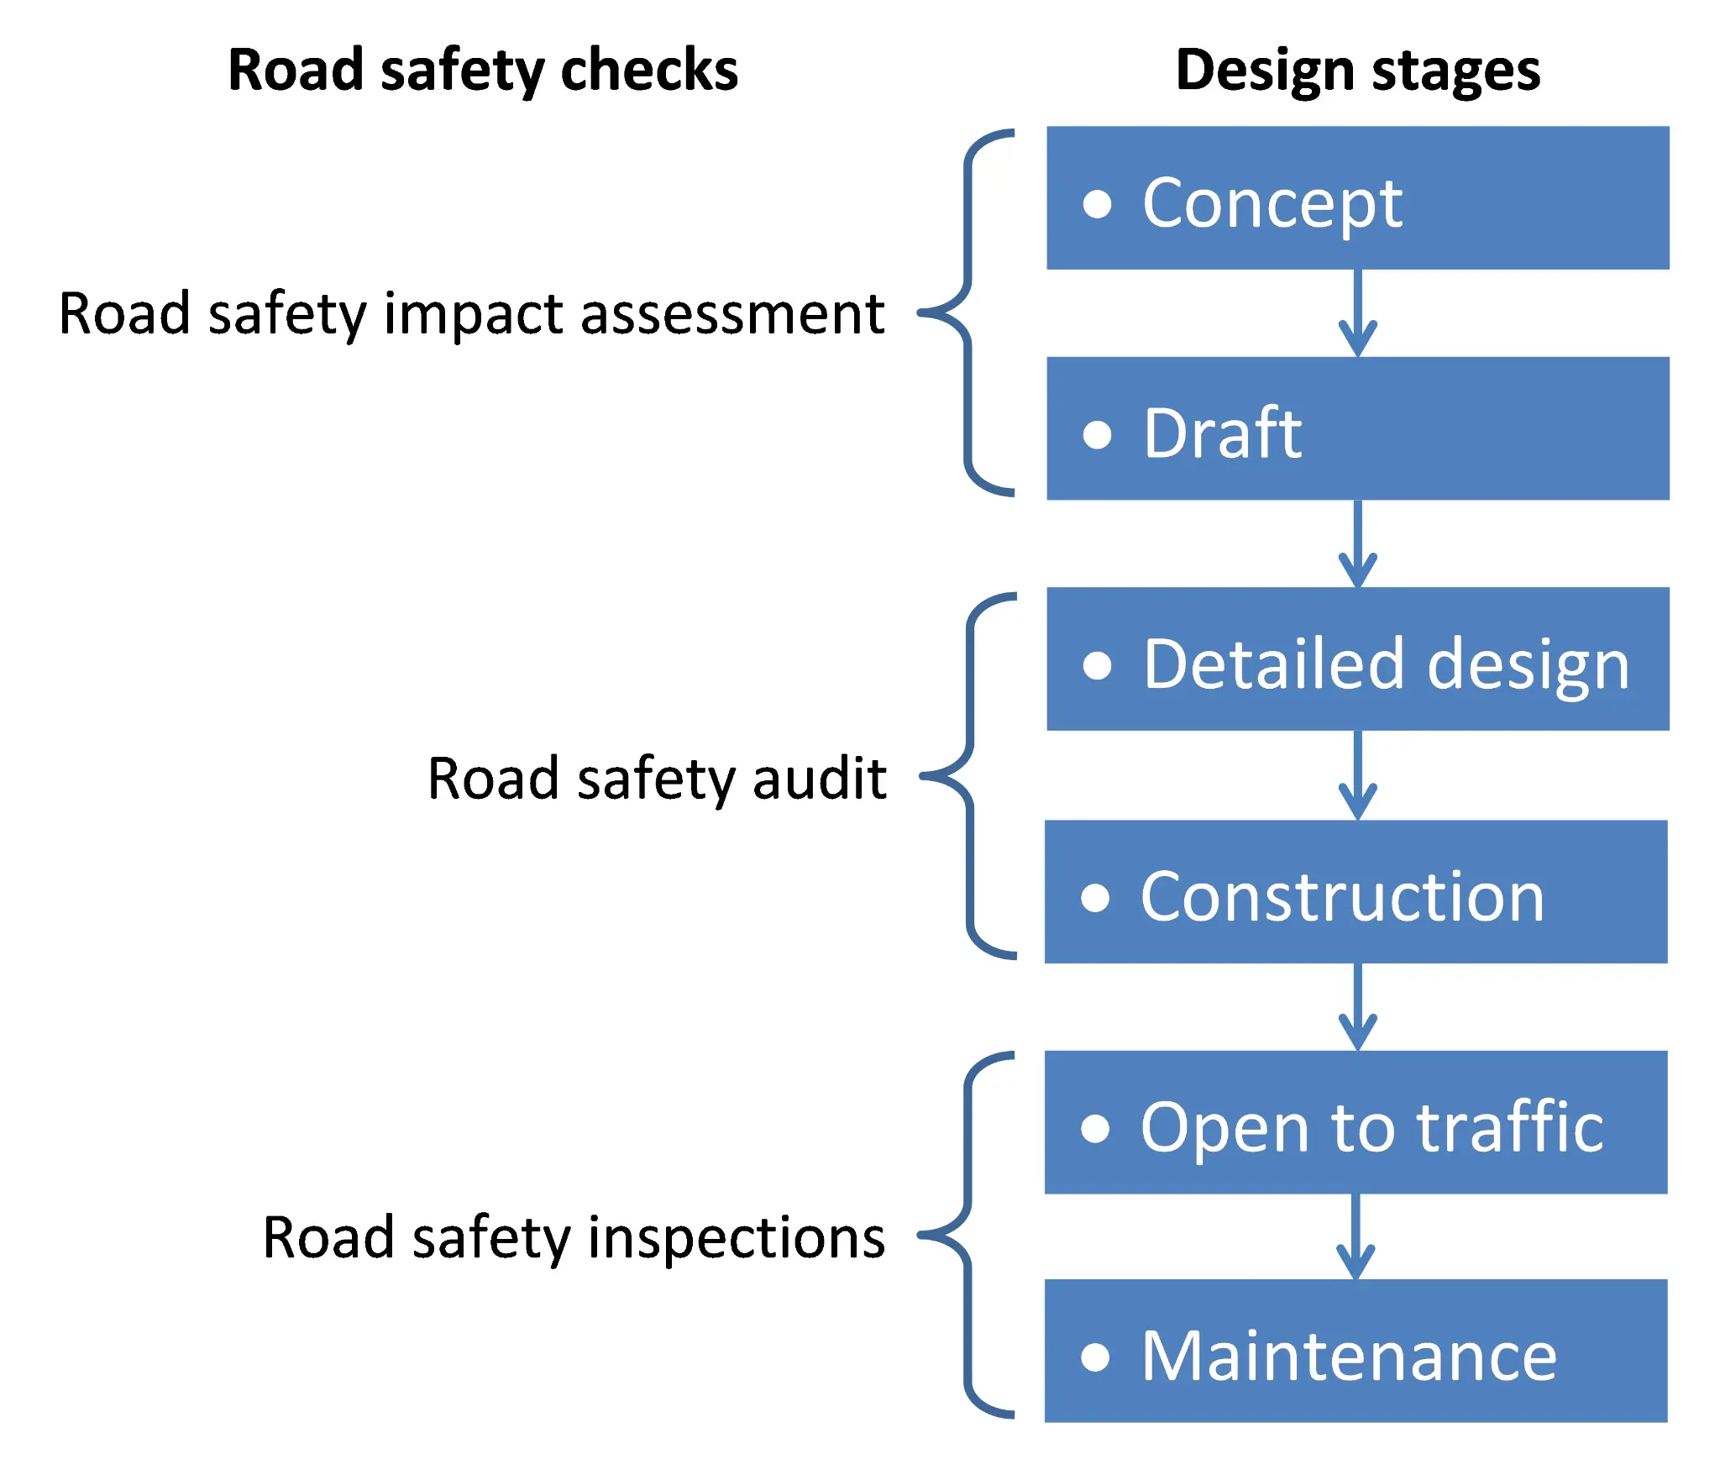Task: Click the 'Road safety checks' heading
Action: [483, 71]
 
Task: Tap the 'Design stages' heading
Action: [1357, 71]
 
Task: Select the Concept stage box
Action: [1357, 198]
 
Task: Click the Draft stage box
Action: [1357, 428]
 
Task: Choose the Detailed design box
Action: [1357, 659]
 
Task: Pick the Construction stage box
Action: [1356, 891]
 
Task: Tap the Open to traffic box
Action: [1356, 1122]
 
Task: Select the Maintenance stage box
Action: [1356, 1351]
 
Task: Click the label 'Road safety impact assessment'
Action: [471, 314]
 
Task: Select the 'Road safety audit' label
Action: [657, 779]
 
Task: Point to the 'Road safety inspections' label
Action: [574, 1238]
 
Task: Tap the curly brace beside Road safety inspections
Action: [967, 1235]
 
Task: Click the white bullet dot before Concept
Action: [1097, 204]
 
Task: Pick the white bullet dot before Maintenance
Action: [1095, 1357]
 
